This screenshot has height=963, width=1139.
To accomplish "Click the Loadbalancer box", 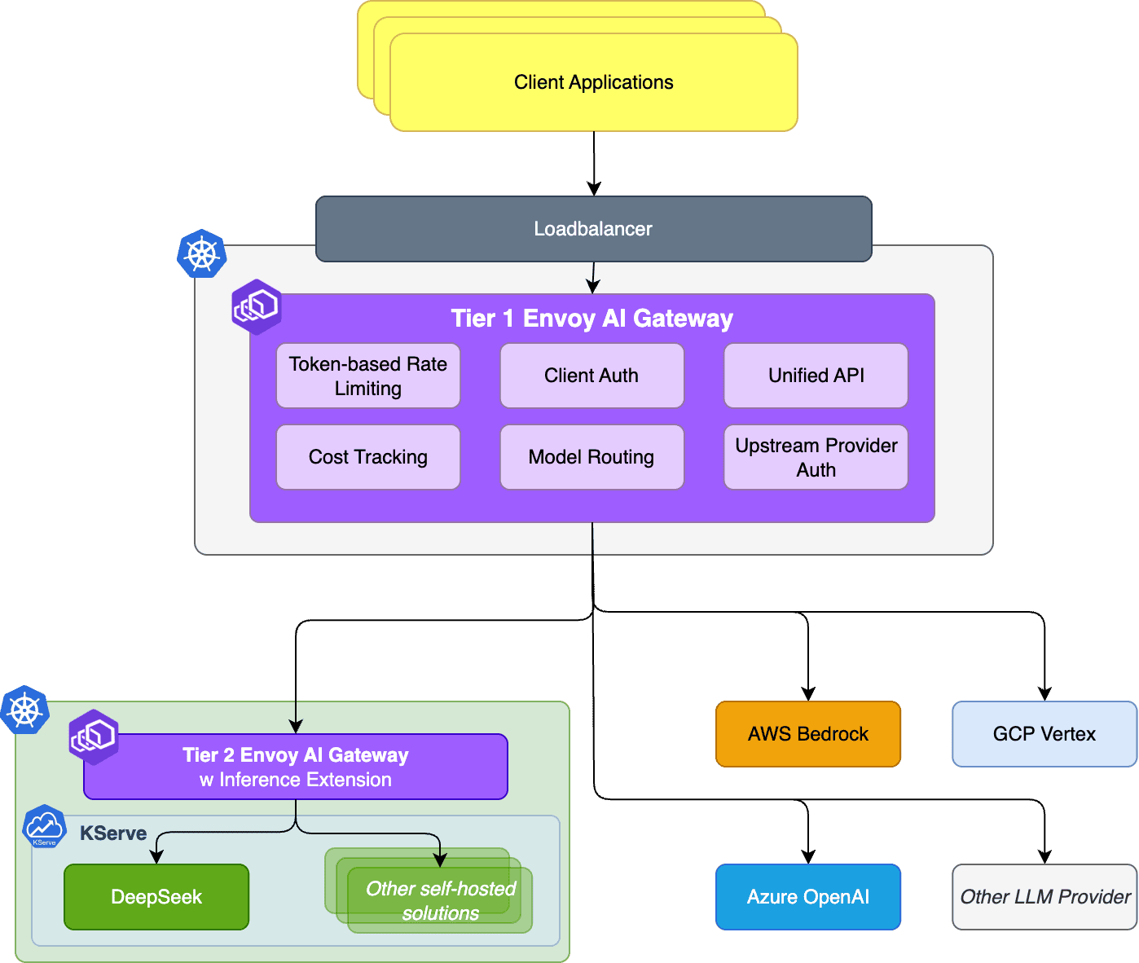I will (x=593, y=229).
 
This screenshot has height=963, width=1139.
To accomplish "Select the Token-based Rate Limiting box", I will (x=368, y=376).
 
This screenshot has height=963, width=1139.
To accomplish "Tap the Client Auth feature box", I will (x=591, y=376).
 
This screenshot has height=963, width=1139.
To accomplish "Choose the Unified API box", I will (x=816, y=376).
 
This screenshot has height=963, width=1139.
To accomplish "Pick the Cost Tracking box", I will (x=368, y=457).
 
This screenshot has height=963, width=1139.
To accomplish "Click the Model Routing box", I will (x=591, y=457).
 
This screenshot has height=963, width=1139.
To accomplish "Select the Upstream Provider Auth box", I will (x=816, y=457).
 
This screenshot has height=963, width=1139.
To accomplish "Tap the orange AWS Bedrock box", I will (x=808, y=734).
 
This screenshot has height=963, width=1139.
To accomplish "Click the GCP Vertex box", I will (x=1044, y=734).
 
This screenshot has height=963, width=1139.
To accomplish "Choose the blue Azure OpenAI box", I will (x=808, y=897).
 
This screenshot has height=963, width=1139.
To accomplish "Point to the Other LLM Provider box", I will (x=1044, y=897).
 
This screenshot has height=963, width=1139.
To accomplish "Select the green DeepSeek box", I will (x=156, y=897).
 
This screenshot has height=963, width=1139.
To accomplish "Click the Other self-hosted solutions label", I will (x=440, y=900).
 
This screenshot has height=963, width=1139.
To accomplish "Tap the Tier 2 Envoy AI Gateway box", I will (x=296, y=767).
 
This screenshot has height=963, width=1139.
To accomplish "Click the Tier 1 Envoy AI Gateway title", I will (x=592, y=319).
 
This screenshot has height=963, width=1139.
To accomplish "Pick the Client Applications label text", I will (x=593, y=82).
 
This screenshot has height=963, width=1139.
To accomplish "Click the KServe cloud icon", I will (x=44, y=826).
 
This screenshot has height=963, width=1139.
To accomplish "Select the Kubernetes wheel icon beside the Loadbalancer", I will (x=202, y=254).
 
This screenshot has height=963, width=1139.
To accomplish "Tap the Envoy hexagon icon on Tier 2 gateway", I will (x=94, y=737).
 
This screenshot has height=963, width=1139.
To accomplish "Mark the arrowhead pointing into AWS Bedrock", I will (x=808, y=694).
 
